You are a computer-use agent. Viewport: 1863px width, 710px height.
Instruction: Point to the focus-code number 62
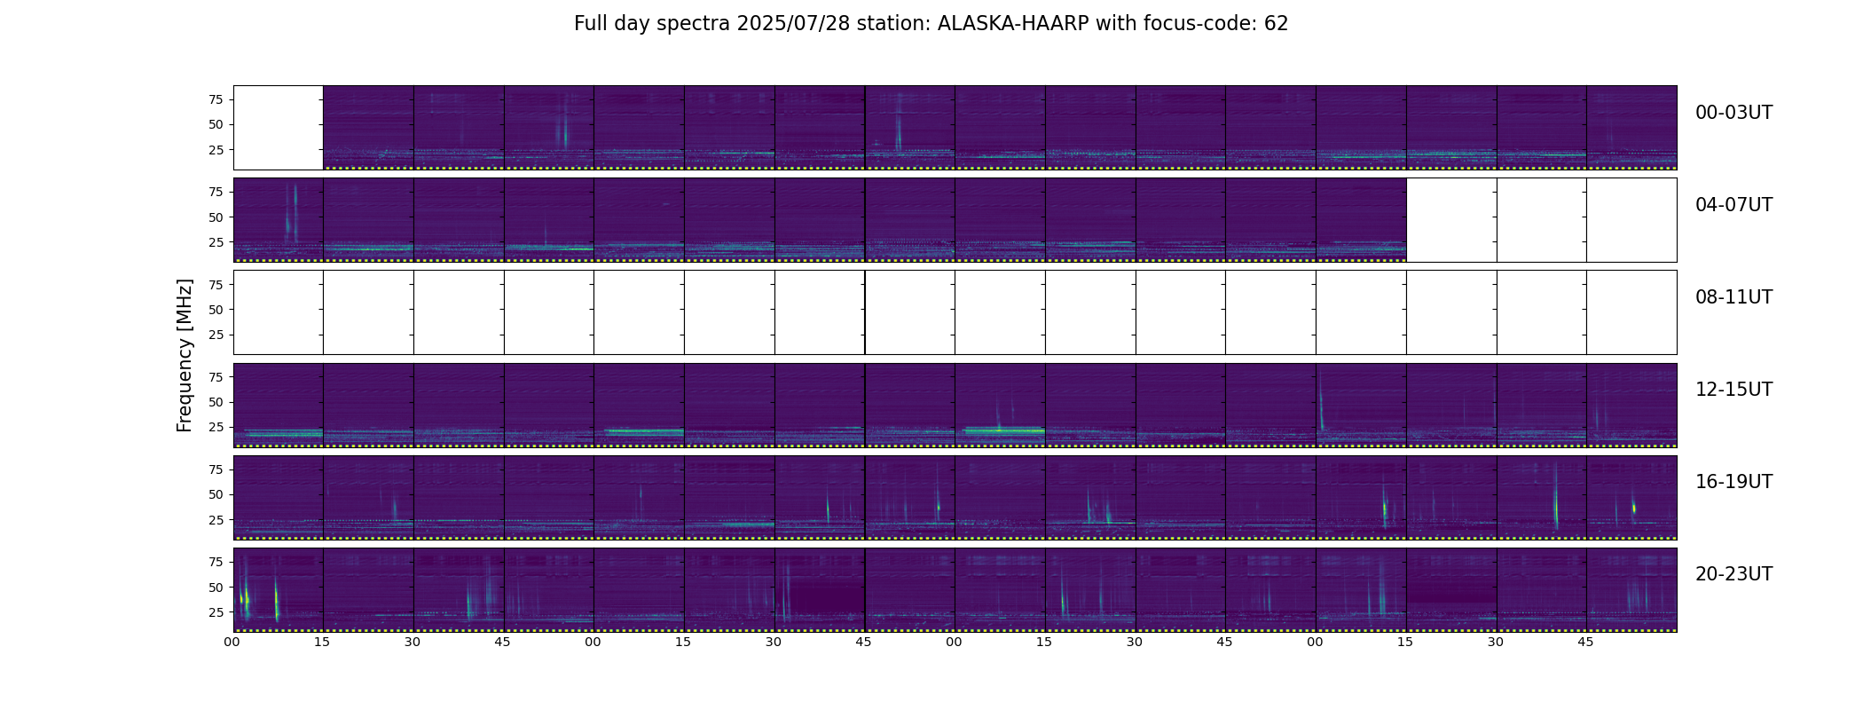point(1277,24)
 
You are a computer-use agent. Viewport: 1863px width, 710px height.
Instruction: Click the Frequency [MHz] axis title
point(185,356)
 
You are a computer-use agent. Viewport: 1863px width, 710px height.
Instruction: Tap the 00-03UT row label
point(1733,113)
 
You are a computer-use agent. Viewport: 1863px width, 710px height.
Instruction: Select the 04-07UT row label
point(1733,205)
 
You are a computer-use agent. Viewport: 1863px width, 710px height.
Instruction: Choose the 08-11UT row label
point(1733,297)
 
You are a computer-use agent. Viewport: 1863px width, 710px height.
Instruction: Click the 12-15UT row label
point(1733,390)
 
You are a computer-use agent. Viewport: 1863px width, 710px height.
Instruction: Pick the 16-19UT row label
point(1733,482)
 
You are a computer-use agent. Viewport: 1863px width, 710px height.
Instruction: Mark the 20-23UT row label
point(1733,574)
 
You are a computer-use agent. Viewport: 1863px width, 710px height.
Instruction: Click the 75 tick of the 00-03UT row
point(216,99)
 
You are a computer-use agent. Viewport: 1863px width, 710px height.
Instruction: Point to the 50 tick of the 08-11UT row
point(216,310)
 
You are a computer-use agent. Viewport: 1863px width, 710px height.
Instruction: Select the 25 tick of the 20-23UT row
point(216,612)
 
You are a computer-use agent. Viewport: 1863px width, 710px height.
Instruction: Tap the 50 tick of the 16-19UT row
point(216,494)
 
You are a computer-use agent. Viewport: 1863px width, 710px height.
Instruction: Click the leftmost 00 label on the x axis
point(232,642)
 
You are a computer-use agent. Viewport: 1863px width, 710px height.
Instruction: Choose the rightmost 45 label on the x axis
point(1586,642)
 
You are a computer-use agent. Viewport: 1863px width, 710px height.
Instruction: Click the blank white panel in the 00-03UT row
point(279,128)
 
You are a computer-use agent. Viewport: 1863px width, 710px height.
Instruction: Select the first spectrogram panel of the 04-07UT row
point(279,220)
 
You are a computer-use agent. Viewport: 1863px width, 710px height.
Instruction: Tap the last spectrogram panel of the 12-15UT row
point(1631,405)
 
